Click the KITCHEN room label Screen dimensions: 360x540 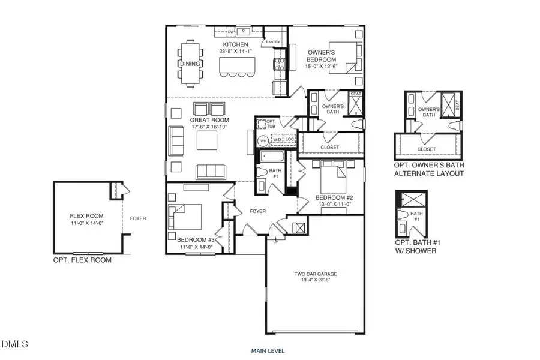(x=235, y=45)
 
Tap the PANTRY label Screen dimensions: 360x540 (x=274, y=42)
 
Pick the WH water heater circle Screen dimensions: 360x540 (x=263, y=141)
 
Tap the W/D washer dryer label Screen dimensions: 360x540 (x=277, y=139)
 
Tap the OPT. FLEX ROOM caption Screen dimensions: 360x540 (x=82, y=260)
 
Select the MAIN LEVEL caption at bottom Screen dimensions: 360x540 (x=268, y=350)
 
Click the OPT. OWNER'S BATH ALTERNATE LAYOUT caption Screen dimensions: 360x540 (x=428, y=169)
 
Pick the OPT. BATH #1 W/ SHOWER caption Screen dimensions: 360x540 (x=415, y=247)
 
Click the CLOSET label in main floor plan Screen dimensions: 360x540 (x=330, y=147)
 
